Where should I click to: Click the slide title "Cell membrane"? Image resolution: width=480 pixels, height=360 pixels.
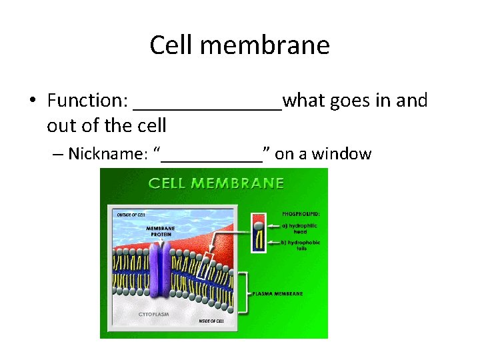tap(239, 45)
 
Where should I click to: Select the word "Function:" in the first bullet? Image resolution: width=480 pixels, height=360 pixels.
tap(87, 101)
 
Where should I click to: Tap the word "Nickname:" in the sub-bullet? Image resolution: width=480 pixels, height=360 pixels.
tap(107, 154)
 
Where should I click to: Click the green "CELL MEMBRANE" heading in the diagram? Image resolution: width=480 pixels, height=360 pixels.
tap(215, 183)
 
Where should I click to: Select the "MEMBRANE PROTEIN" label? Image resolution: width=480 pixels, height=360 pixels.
tap(161, 231)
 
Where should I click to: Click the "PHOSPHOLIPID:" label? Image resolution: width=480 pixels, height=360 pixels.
tap(301, 214)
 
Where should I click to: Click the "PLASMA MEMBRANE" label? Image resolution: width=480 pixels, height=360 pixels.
tap(279, 293)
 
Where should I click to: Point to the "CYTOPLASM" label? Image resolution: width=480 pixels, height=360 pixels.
tap(153, 313)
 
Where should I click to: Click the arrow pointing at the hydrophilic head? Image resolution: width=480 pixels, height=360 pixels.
tap(272, 226)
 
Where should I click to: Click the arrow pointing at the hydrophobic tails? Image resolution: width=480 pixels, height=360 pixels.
tap(272, 242)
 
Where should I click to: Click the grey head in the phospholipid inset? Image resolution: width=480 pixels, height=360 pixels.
tap(258, 225)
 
